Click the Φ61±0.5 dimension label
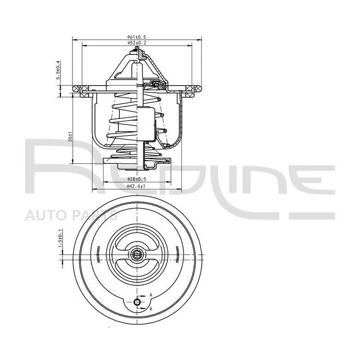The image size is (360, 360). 137,37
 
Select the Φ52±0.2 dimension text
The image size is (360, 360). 137,43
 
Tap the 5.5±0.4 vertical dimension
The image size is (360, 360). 58,70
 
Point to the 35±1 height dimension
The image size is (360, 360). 71,136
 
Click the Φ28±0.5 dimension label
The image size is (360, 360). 137,179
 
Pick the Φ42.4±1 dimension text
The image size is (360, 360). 136,186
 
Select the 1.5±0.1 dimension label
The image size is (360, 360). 61,238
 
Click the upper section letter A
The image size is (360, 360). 151,295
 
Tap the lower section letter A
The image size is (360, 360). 151,309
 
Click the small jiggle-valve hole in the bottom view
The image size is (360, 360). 137,302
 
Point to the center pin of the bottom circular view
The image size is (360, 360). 137,255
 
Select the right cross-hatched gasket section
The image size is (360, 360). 189,88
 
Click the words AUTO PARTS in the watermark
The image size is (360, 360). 72,216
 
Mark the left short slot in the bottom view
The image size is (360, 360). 98,254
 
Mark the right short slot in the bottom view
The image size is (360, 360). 177,254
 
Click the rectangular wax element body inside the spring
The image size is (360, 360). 146,124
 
